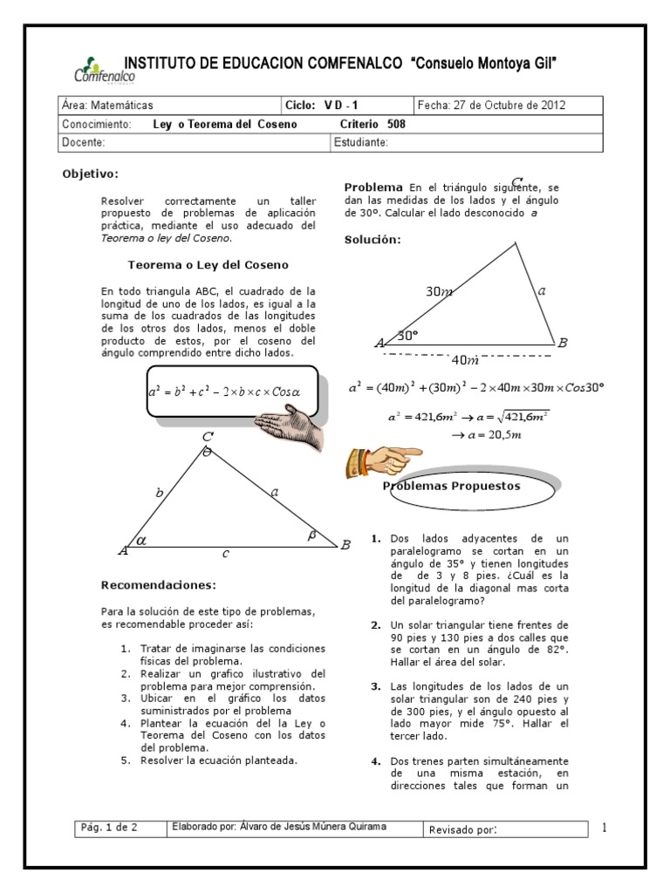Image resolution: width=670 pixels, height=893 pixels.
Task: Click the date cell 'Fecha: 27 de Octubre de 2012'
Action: click(x=492, y=106)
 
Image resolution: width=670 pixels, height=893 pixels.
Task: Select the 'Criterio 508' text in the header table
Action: click(x=372, y=124)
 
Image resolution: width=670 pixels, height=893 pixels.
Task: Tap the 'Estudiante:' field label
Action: click(x=360, y=142)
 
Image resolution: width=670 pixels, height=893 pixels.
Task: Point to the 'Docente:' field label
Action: click(x=84, y=142)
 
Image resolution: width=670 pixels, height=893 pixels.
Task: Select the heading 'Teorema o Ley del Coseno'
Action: click(x=208, y=264)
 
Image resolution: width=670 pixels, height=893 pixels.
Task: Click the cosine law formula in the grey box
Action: click(x=223, y=392)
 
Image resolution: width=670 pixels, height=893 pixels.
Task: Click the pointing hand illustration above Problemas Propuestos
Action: click(x=382, y=457)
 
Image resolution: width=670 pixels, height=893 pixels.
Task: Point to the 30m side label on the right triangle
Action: click(x=439, y=292)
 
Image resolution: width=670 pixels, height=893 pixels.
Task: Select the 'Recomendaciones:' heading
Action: click(x=157, y=584)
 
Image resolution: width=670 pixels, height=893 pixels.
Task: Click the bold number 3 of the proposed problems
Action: click(x=375, y=687)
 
